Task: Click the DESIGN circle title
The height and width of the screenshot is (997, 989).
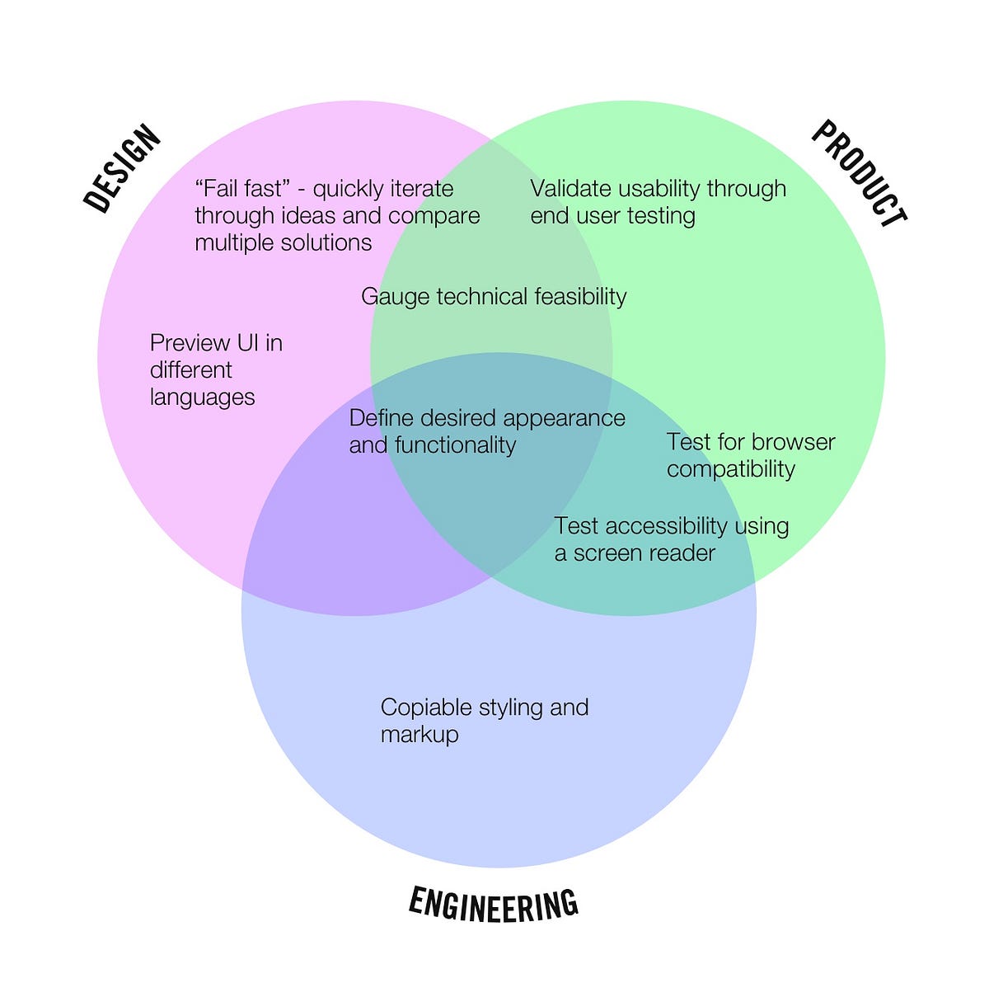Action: (122, 168)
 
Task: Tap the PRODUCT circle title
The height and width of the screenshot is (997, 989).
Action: (860, 173)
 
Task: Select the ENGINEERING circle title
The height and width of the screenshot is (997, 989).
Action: (494, 904)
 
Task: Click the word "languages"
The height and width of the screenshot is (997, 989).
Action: (203, 397)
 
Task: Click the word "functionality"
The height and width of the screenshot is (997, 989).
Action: (455, 445)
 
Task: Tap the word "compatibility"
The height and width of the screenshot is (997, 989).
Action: (731, 469)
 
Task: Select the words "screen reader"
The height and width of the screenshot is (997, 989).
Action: (644, 553)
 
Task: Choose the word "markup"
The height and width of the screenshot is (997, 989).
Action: (420, 735)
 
